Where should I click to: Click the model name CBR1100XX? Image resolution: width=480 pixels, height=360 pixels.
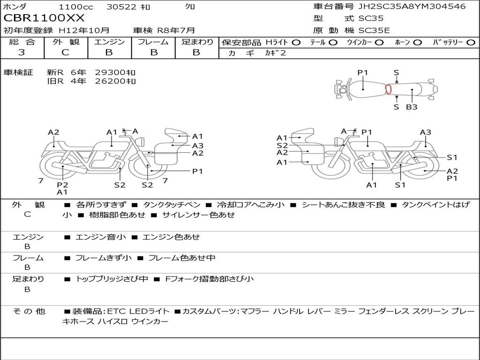click(x=44, y=18)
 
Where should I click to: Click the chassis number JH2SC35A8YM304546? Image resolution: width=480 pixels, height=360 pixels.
click(x=412, y=6)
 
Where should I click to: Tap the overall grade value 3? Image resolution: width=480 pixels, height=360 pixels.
click(x=22, y=52)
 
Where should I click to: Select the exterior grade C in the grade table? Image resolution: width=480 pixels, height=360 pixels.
click(x=66, y=52)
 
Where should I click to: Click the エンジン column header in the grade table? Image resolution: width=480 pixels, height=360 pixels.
click(x=109, y=42)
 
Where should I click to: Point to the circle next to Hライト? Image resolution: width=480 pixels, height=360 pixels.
click(x=296, y=43)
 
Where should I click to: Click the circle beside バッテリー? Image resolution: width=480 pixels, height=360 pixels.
click(x=471, y=43)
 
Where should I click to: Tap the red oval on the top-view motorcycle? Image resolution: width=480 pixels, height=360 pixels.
click(x=388, y=89)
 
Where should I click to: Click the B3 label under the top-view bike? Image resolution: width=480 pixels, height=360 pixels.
click(x=412, y=107)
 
